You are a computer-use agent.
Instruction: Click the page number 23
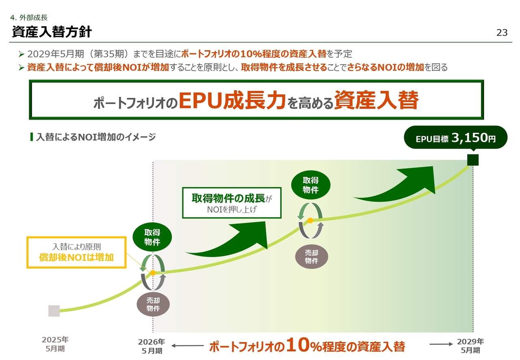coord(502,33)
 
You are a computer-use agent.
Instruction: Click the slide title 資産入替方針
coord(52,32)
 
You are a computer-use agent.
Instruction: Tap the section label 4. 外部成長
coord(29,17)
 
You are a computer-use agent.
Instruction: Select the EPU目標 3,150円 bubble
coord(455,137)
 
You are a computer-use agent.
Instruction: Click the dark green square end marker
coord(473,160)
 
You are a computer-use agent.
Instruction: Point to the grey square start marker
coord(54,311)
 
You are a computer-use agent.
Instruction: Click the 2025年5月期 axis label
coord(55,344)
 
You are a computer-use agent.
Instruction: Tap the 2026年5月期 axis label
coord(152,346)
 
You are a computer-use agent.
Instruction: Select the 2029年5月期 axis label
coord(470,346)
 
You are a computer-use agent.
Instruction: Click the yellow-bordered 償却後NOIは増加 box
coord(76,252)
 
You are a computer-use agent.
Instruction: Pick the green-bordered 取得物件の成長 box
coord(232,203)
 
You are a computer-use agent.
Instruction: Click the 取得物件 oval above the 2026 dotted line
coord(152,237)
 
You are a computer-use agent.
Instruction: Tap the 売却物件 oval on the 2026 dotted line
coord(153,304)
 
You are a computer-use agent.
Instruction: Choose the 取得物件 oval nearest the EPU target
coord(311,185)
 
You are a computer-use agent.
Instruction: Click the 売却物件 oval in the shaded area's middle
coord(311,257)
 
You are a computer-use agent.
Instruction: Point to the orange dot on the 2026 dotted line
coord(153,273)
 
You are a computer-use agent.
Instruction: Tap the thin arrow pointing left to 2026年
coord(187,346)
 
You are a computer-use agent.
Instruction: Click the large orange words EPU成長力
coord(232,100)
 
